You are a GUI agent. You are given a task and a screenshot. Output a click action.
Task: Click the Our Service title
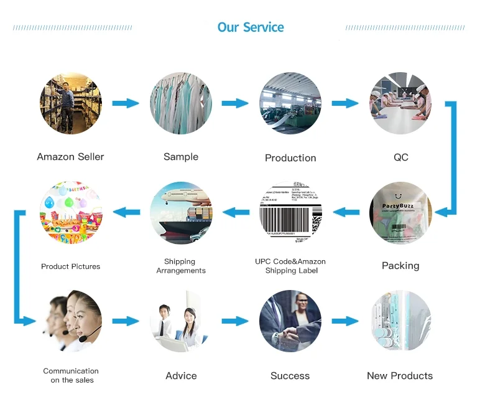coord(251,27)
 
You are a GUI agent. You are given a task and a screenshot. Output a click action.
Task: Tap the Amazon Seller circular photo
coord(71,103)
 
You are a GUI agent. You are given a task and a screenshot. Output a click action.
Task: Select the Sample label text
coord(181,157)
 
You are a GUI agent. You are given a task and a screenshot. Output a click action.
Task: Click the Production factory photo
coord(290,103)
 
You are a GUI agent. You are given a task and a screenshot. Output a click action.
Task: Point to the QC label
coord(401,157)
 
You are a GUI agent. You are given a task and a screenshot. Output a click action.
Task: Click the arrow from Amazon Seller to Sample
coord(126,103)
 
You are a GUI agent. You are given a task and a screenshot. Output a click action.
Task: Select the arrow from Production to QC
coord(345,103)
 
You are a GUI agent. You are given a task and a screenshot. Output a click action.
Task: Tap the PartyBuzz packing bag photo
coord(400,213)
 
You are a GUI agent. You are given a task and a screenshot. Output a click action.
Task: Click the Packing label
coord(400,266)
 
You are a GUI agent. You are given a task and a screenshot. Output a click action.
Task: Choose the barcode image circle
coord(290,213)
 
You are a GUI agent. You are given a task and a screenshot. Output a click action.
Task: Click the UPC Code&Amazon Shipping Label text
coord(290,266)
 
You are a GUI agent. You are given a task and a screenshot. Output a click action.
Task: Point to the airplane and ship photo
coord(181,213)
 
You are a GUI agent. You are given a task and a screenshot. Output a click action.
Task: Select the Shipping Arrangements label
coord(181,266)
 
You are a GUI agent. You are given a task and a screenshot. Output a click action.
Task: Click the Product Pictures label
coord(71,266)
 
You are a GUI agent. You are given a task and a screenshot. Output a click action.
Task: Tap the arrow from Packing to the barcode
coord(346,213)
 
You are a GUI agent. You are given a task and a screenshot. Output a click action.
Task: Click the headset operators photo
coord(71,321)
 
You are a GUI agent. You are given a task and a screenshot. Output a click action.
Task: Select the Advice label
coord(181,376)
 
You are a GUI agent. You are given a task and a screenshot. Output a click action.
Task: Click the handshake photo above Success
coord(290,321)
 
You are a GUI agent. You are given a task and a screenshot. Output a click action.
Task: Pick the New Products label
coord(400,376)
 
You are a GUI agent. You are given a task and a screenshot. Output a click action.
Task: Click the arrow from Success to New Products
coord(345,321)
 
